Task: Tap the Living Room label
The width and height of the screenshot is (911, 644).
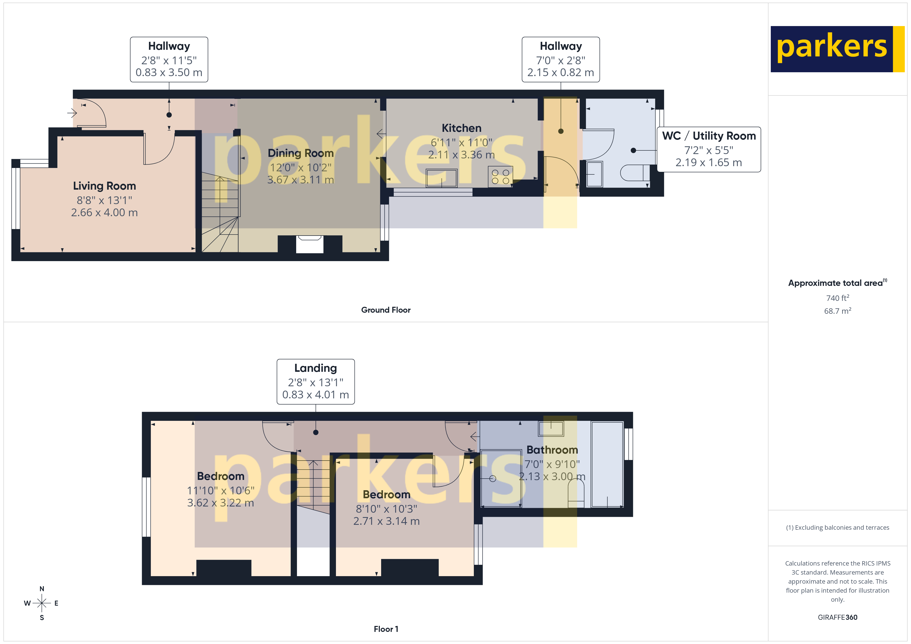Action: (104, 186)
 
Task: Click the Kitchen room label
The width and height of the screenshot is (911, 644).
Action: (461, 128)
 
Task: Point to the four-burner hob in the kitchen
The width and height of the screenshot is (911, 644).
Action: (500, 176)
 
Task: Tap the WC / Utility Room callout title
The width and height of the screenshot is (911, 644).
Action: (709, 136)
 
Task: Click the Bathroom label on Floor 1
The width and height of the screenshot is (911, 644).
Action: (552, 450)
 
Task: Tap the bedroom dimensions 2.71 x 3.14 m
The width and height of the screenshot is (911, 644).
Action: (387, 521)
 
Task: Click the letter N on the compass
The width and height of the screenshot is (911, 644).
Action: (42, 589)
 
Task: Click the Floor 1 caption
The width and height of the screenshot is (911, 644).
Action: (386, 629)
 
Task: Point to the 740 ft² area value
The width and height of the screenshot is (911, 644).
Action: (837, 298)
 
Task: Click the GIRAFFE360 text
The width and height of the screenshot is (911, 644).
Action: (837, 617)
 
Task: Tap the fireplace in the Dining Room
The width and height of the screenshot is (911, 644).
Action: (310, 244)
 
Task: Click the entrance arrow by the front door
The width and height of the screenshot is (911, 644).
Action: (72, 114)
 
